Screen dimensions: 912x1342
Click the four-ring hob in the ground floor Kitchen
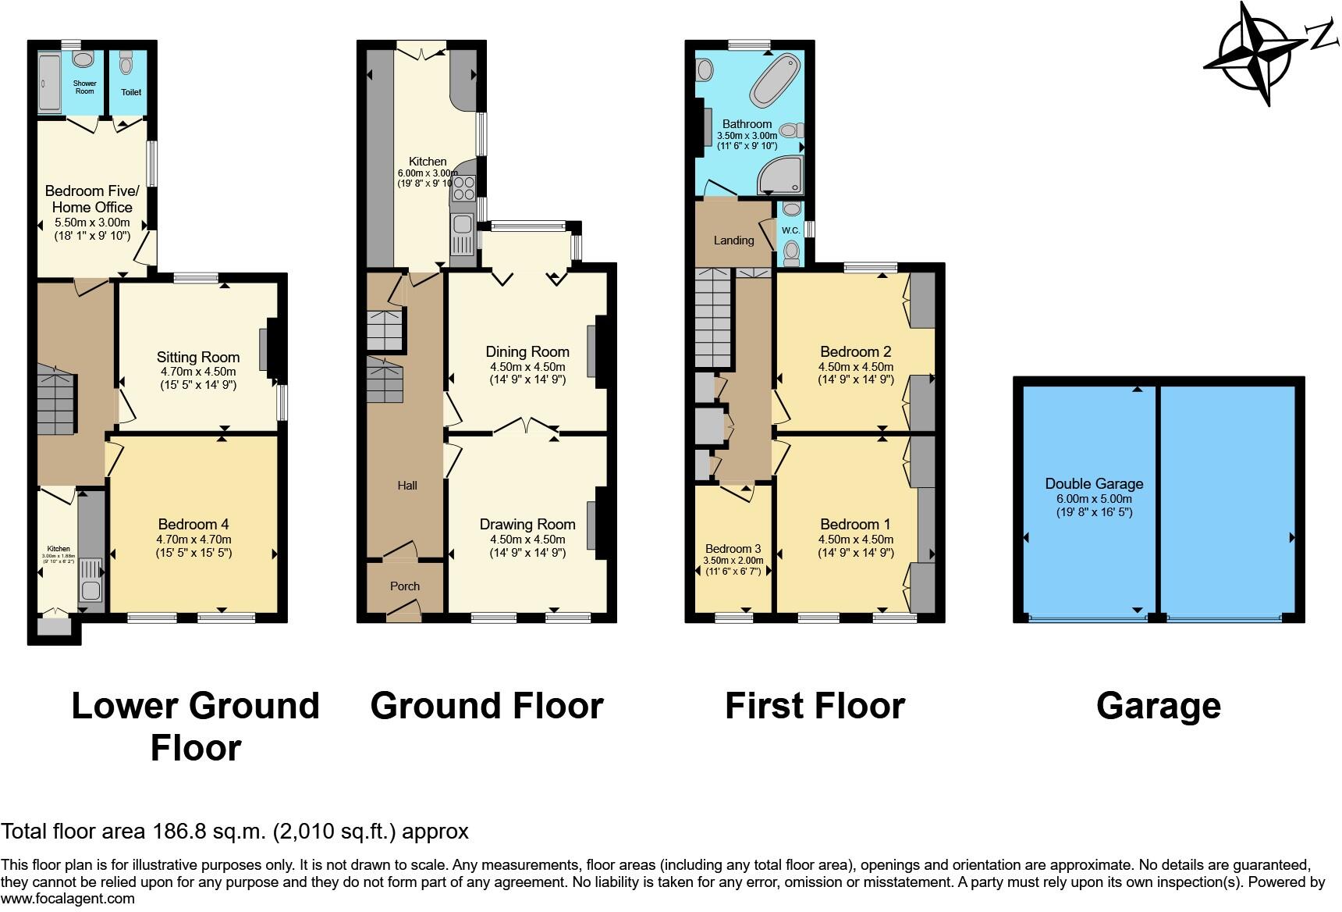coord(463,189)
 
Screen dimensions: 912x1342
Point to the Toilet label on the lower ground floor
coord(131,92)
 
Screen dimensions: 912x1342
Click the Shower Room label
coord(84,87)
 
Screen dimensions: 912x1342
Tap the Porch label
coord(405,586)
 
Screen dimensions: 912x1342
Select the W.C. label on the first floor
coord(790,230)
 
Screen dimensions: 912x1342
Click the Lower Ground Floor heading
coord(195,726)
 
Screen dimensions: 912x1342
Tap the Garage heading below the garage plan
coord(1158,706)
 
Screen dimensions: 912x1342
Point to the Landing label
coord(733,240)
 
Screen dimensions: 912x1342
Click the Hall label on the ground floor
coord(407,486)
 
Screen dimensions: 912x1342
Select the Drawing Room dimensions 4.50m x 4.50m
coord(527,540)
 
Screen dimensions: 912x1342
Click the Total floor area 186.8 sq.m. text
coord(235,831)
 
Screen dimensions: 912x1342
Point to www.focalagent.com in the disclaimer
coord(68,899)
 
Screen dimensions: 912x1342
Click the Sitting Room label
coord(197,358)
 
